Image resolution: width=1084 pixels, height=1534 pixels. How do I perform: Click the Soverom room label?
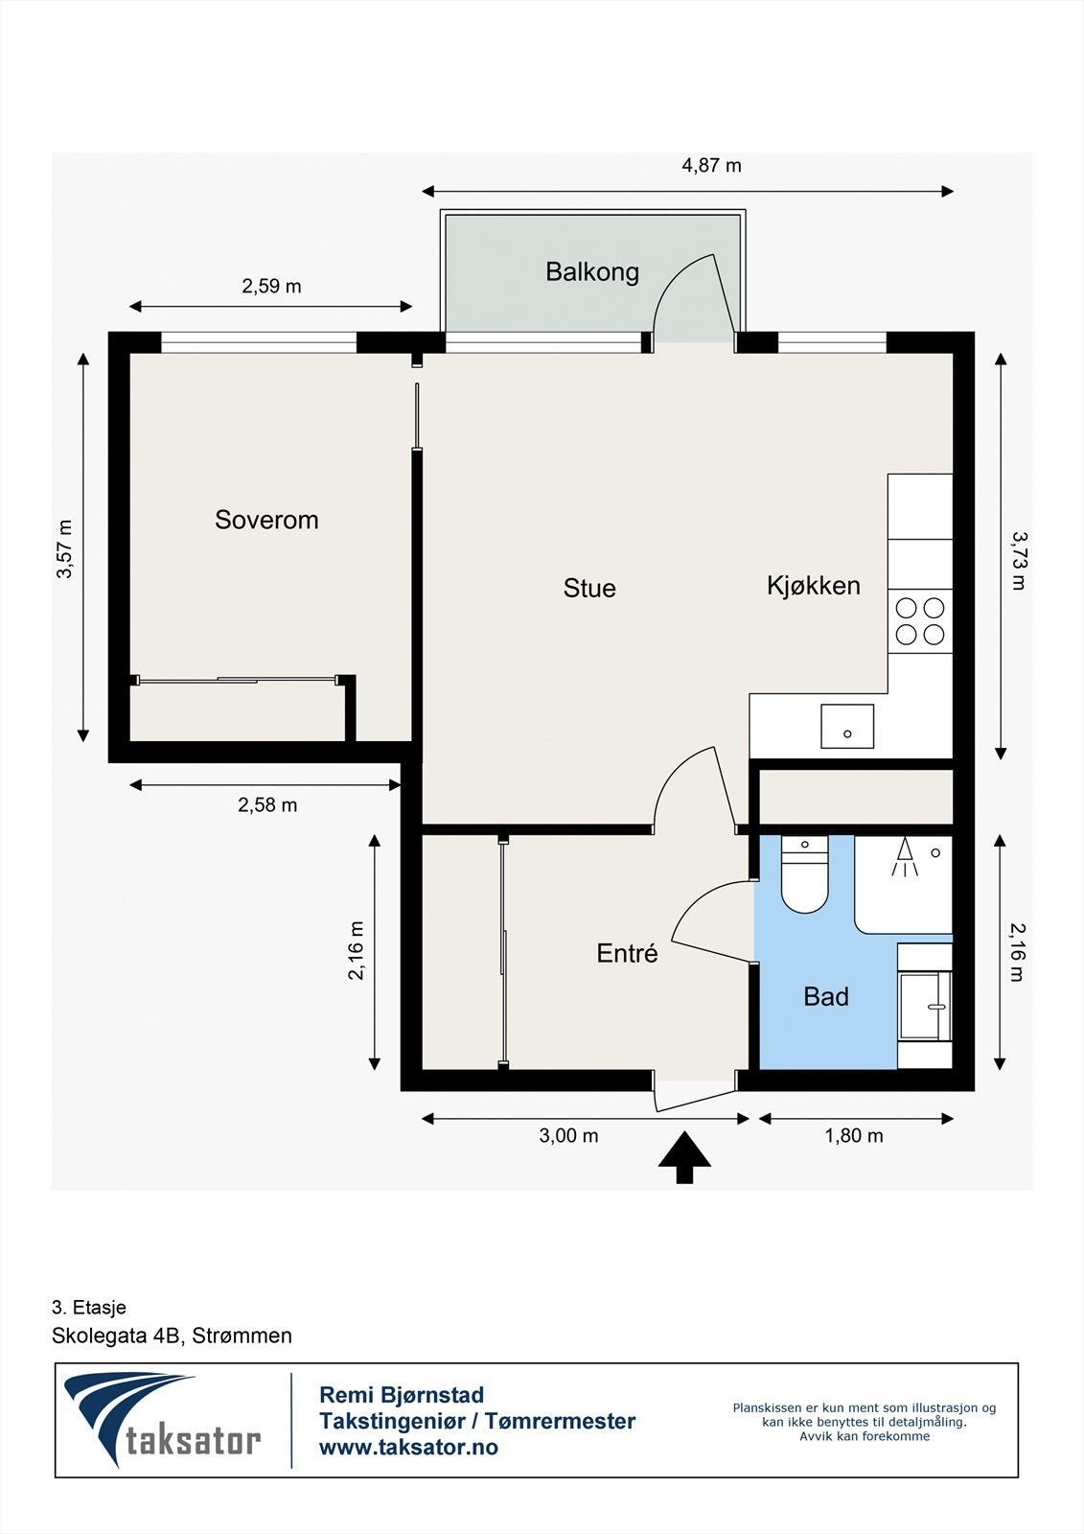(x=266, y=520)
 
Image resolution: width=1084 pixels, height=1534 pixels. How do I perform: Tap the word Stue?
(x=588, y=588)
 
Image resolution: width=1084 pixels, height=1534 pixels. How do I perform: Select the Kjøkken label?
(x=813, y=585)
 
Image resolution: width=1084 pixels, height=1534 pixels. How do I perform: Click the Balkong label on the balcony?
(x=591, y=271)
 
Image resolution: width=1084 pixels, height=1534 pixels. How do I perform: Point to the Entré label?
(x=627, y=953)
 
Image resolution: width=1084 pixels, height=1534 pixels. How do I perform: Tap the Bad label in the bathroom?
(x=825, y=997)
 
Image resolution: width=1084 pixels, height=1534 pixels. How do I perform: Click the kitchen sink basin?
(x=847, y=726)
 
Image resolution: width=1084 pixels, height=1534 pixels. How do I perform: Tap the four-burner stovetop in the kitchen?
(x=920, y=620)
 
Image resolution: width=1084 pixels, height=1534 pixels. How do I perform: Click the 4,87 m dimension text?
(x=711, y=165)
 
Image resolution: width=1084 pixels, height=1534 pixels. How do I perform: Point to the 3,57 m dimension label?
(x=64, y=549)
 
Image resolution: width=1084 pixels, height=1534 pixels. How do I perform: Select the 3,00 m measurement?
(x=568, y=1136)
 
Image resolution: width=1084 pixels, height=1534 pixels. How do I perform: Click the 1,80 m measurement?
(x=854, y=1136)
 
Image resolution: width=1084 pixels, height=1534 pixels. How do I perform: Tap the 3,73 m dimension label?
(x=1018, y=560)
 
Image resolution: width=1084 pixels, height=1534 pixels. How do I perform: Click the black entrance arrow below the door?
(x=684, y=1157)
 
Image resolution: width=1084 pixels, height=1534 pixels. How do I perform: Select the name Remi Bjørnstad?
(x=401, y=1395)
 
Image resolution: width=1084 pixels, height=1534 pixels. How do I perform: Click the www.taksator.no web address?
(x=408, y=1448)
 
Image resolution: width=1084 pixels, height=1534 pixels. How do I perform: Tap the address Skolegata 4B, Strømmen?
(x=172, y=1336)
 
